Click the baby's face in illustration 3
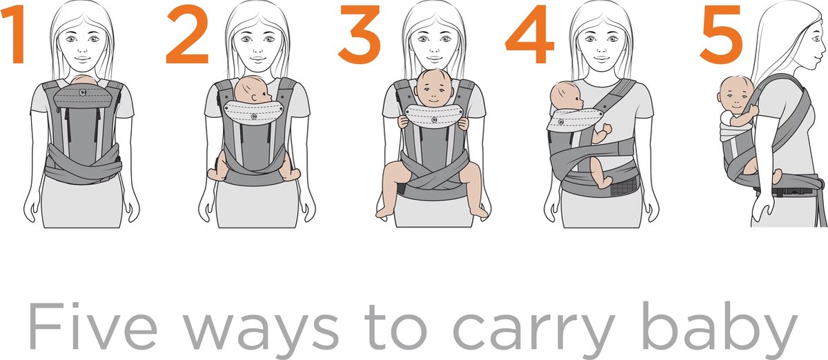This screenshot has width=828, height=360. (x=433, y=90)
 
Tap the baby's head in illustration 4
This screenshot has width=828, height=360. (x=568, y=97)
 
